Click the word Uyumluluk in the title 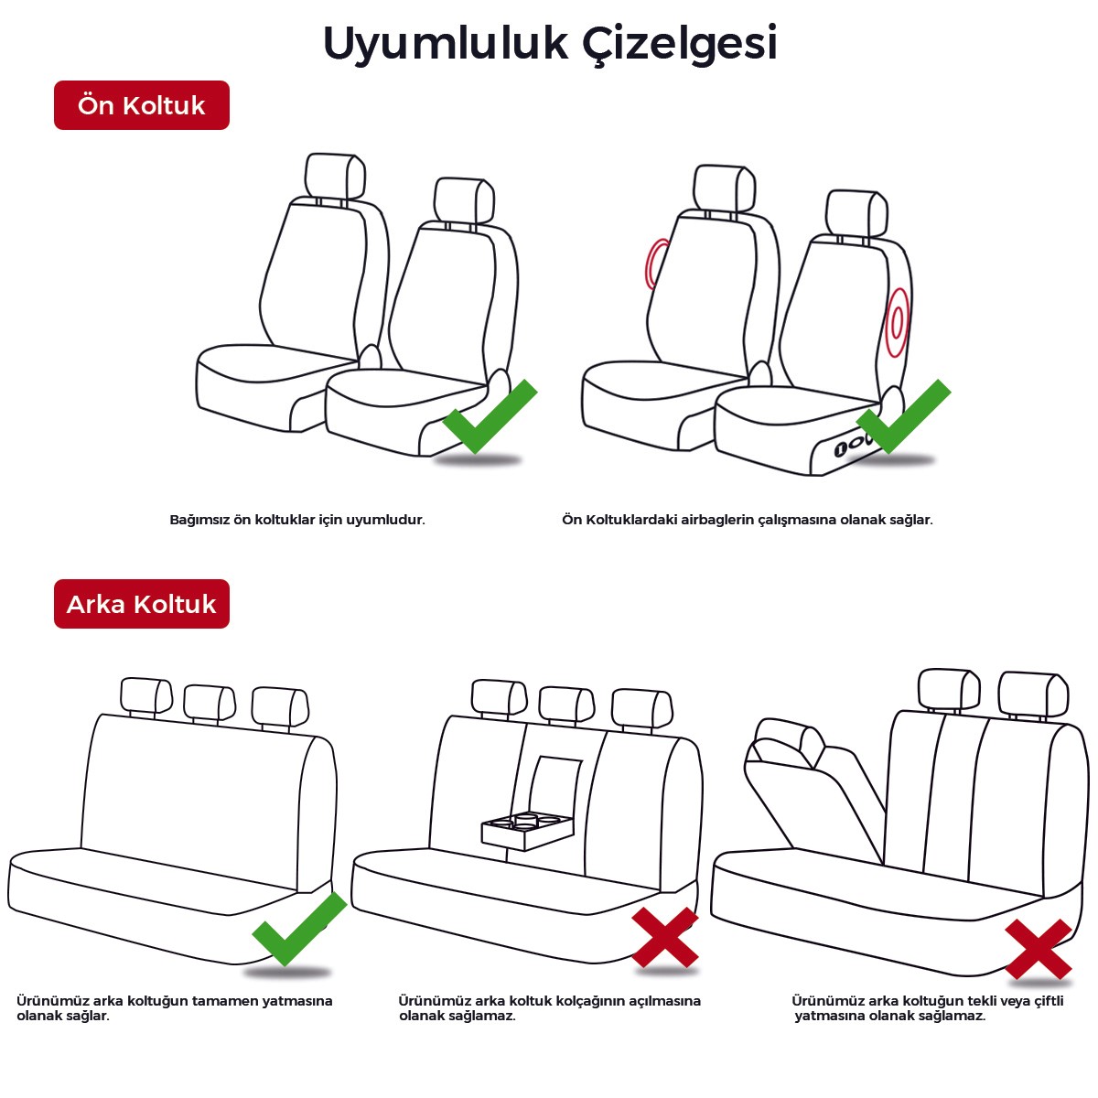tap(446, 43)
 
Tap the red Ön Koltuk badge tap(142, 105)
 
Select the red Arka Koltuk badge tap(142, 604)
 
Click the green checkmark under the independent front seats tap(490, 417)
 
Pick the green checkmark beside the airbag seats tap(903, 416)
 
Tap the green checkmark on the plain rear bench tap(299, 929)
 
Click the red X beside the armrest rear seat tap(665, 938)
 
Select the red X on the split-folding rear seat tap(1039, 949)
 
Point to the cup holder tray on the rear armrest tap(526, 833)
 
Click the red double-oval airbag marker tap(897, 323)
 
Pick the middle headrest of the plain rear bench tap(210, 704)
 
